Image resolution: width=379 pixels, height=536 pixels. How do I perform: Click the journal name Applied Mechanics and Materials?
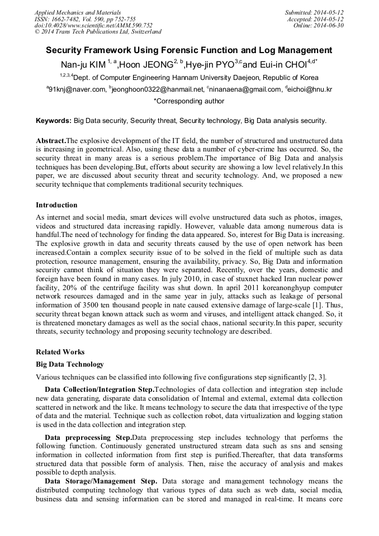point(78,12)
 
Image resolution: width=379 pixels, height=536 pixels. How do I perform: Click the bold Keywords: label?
point(54,121)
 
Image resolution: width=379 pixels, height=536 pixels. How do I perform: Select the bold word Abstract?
point(51,140)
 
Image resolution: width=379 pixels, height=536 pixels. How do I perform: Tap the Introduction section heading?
point(56,205)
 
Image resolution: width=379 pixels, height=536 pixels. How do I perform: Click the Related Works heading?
point(60,352)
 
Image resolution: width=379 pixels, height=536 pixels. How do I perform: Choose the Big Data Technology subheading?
point(69,364)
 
